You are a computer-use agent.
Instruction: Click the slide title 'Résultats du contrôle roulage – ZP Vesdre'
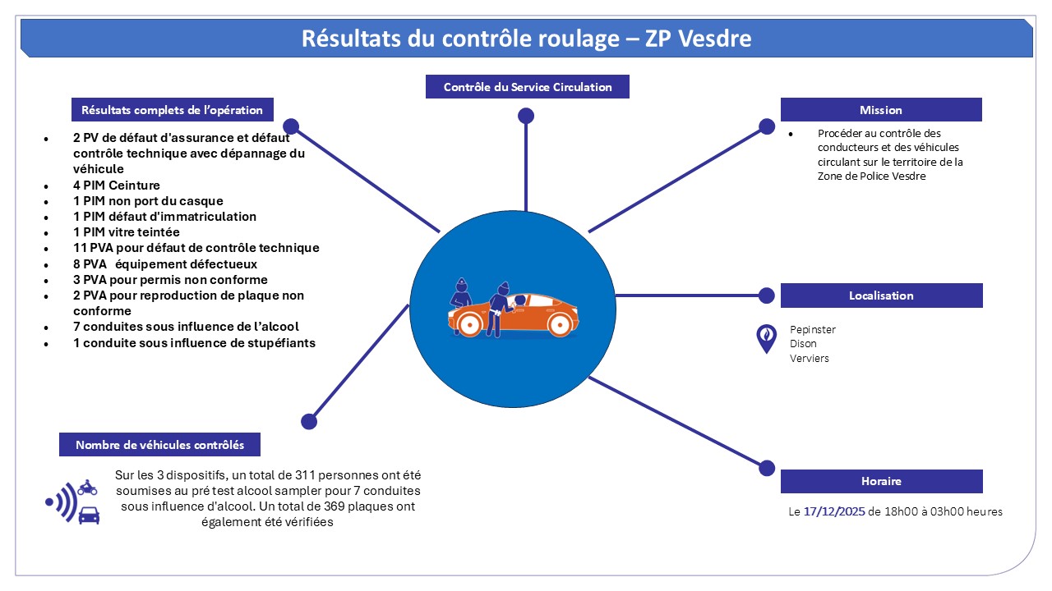pyautogui.click(x=526, y=39)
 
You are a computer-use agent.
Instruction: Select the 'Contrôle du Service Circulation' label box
pyautogui.click(x=527, y=87)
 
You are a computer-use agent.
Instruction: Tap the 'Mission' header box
pyautogui.click(x=880, y=110)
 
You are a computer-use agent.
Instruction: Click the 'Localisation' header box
pyautogui.click(x=880, y=295)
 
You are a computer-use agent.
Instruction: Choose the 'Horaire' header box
pyautogui.click(x=880, y=481)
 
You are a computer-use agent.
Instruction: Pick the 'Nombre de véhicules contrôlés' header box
pyautogui.click(x=159, y=445)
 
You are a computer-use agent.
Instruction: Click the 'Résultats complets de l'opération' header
pyautogui.click(x=172, y=110)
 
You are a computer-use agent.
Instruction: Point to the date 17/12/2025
pyautogui.click(x=833, y=511)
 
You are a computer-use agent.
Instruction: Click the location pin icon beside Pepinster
pyautogui.click(x=766, y=337)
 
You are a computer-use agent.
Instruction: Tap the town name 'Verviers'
pyautogui.click(x=809, y=359)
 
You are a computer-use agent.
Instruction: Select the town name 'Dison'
pyautogui.click(x=803, y=344)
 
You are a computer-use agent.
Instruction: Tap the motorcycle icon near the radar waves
pyautogui.click(x=87, y=488)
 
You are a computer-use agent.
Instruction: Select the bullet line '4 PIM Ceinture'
pyautogui.click(x=116, y=186)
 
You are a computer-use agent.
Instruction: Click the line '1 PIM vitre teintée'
pyautogui.click(x=126, y=232)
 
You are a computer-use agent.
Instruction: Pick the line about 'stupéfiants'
pyautogui.click(x=194, y=342)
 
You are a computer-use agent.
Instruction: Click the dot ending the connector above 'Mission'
pyautogui.click(x=766, y=126)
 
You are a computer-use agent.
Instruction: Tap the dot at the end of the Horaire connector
pyautogui.click(x=766, y=468)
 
